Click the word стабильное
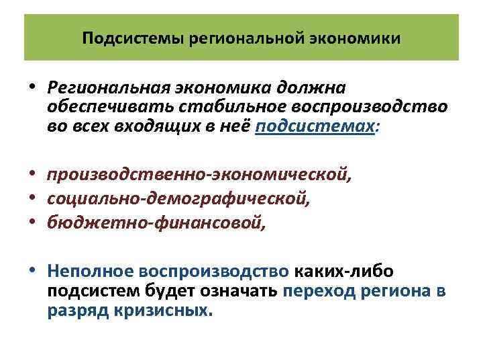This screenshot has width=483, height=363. pos(208,108)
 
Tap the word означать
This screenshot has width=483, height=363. pos(241,291)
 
